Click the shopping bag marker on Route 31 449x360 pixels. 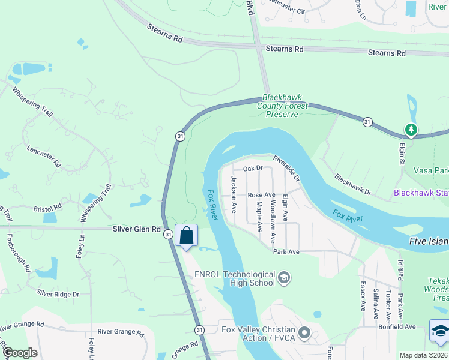point(187,236)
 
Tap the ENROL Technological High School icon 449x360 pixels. point(285,277)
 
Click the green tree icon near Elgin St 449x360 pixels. point(411,129)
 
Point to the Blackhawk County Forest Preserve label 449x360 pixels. point(282,106)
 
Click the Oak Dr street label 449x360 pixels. point(253,168)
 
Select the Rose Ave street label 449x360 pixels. point(261,195)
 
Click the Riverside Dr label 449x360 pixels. point(286,169)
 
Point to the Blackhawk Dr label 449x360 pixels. point(353,186)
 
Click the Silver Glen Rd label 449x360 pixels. point(137,229)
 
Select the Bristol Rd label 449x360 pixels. point(48,207)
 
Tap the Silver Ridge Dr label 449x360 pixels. point(58,293)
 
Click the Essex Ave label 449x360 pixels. point(362,296)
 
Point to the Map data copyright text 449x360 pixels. point(424,355)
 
